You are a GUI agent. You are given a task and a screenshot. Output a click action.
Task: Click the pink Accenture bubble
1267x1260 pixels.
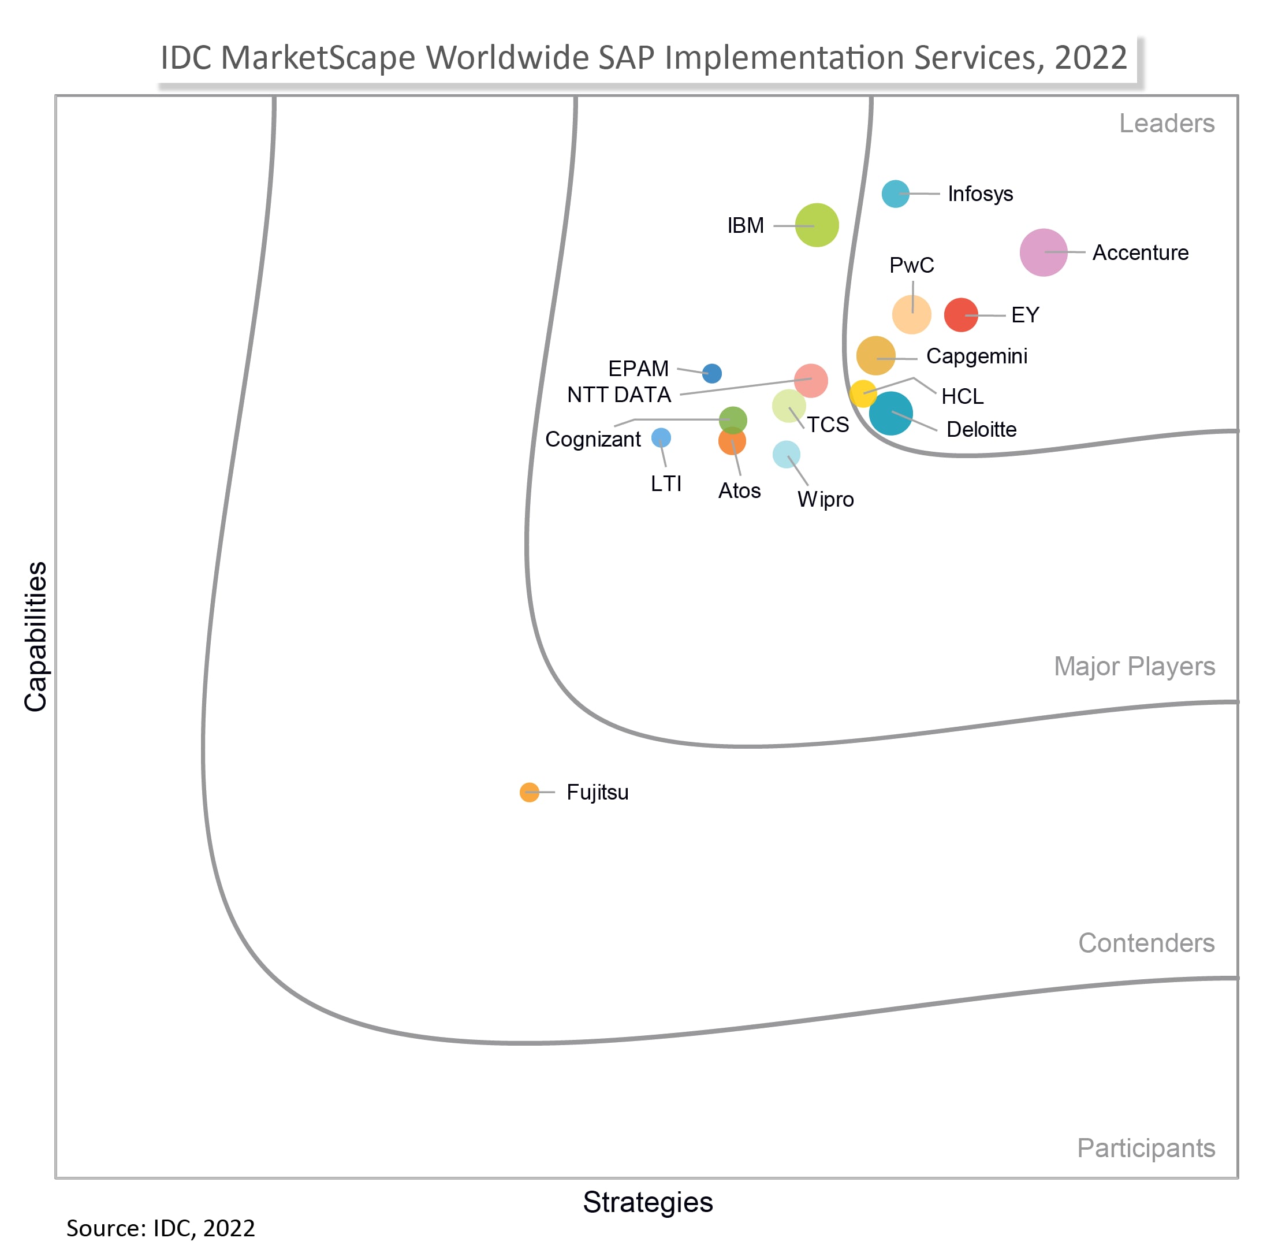pos(1043,252)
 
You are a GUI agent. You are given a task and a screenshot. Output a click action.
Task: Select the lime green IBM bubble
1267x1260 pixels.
pos(817,225)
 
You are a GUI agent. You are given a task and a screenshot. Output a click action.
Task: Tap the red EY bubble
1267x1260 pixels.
pos(961,315)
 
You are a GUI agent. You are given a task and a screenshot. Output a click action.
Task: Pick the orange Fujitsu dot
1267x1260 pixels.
pos(529,792)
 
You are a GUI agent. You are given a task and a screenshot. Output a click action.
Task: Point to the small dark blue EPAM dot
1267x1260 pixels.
pos(711,373)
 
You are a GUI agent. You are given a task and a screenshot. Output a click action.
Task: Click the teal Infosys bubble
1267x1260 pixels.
pos(895,194)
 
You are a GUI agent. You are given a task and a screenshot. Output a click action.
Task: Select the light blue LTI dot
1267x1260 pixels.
pos(661,437)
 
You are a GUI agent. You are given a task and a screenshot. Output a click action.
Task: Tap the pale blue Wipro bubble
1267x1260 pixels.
pos(787,454)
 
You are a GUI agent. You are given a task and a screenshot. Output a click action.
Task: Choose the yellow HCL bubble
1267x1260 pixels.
pos(862,393)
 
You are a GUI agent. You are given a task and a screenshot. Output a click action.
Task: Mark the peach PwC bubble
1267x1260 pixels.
pos(911,315)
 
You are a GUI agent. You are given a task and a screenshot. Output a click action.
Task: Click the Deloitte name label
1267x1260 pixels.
pos(981,430)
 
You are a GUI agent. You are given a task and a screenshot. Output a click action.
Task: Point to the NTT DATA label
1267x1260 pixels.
pos(619,395)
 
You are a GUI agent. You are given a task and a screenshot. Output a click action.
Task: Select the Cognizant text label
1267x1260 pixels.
pos(593,440)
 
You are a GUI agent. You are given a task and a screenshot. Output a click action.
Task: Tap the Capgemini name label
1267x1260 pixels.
pos(977,356)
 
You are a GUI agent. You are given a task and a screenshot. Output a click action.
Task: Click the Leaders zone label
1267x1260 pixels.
pos(1167,123)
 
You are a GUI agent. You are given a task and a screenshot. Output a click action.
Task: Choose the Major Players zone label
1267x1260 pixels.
pos(1135,667)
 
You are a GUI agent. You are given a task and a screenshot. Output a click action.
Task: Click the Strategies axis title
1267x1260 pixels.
pos(648,1202)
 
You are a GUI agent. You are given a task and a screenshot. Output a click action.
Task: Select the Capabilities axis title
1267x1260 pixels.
pos(35,636)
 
